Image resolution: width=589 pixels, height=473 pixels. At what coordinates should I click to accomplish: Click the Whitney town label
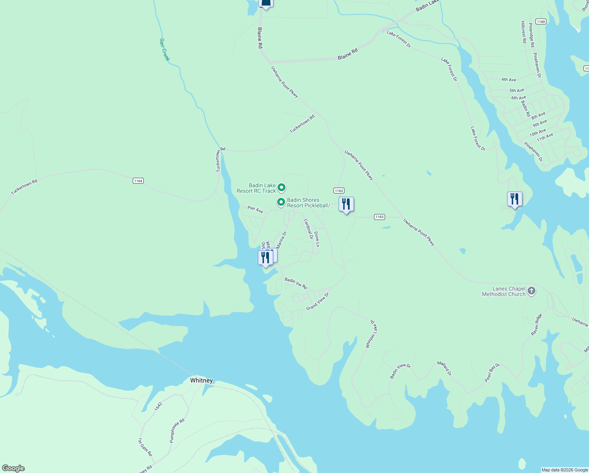point(201,380)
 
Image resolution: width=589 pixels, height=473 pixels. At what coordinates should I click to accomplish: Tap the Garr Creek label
point(165,49)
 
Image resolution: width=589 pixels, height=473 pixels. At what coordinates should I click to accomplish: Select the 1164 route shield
point(138,181)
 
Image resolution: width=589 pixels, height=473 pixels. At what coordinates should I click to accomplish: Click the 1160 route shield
point(541,22)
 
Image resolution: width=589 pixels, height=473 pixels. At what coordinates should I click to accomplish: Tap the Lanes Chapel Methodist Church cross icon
point(532,291)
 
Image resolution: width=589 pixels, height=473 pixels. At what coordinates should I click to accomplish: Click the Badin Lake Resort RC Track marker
point(281,187)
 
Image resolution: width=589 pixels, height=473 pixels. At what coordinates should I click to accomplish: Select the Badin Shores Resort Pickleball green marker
point(281,202)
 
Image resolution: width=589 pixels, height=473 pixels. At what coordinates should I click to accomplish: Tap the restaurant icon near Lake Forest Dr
point(515,199)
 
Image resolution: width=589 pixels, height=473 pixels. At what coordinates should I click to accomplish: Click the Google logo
point(13,468)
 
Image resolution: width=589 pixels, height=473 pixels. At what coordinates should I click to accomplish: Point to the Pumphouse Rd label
point(177,431)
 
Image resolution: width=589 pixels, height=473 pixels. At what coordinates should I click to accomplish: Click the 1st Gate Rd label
point(145,447)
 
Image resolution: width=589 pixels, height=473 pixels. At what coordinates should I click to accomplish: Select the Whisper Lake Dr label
point(371,333)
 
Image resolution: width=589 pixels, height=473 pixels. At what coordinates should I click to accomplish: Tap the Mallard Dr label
point(445,368)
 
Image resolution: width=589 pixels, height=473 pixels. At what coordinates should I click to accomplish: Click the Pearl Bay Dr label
point(492,372)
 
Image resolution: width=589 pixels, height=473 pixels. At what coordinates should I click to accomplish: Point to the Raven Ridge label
point(537,324)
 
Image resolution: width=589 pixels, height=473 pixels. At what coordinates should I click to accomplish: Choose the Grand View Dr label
point(317,302)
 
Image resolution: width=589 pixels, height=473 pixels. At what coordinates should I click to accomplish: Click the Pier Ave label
point(255,209)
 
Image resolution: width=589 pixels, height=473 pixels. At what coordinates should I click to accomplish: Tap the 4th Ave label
point(509,80)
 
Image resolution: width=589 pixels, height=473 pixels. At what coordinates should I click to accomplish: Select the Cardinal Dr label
point(308,229)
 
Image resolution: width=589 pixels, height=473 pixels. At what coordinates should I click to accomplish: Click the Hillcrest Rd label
point(523,32)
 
